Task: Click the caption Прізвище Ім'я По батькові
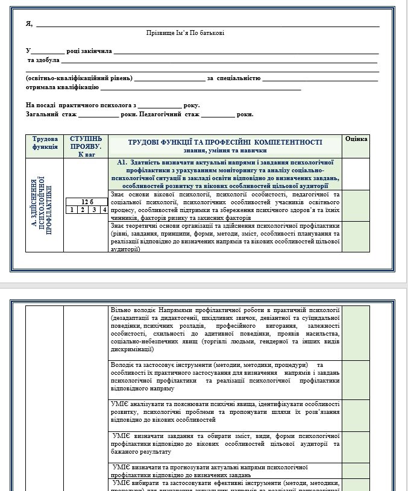(x=185, y=33)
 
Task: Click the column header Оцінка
(x=356, y=139)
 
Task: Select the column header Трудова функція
(x=45, y=142)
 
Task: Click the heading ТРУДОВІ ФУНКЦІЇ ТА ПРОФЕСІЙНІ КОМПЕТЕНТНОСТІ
(x=224, y=142)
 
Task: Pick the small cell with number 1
(x=72, y=210)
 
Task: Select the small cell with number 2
(x=83, y=210)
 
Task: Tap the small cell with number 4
(x=104, y=210)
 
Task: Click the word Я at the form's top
(x=29, y=24)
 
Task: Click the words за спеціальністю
(x=233, y=78)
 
